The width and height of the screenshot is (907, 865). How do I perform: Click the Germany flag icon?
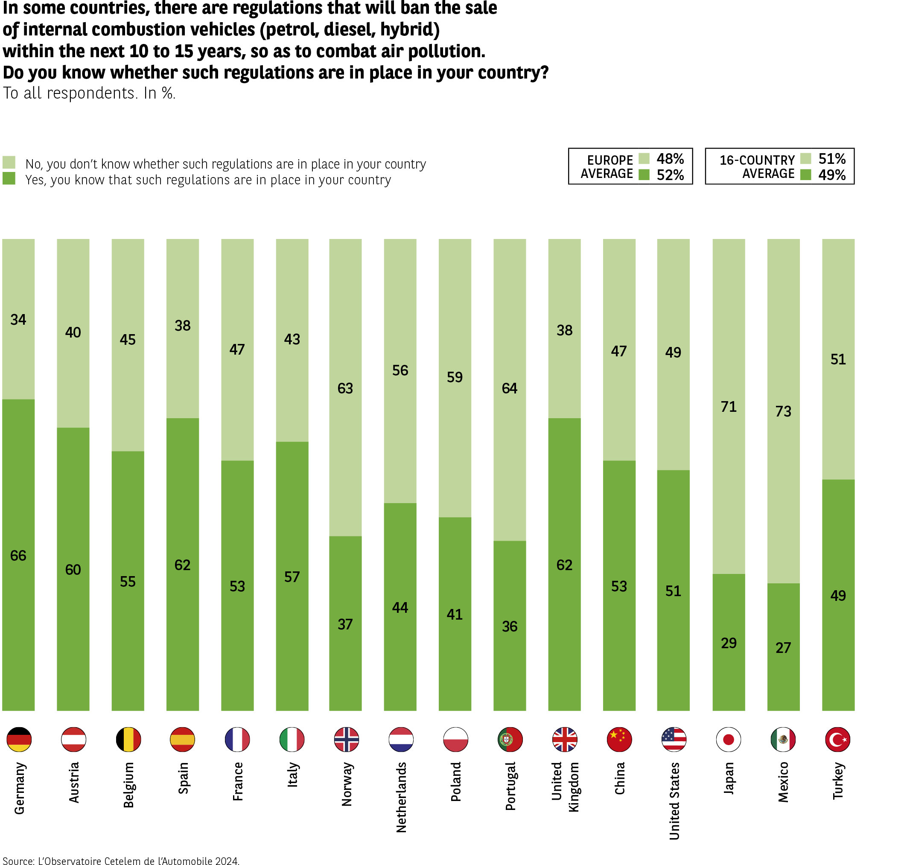[19, 739]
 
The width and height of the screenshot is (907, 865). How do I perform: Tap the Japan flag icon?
[728, 739]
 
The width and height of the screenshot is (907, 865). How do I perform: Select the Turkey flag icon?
[837, 739]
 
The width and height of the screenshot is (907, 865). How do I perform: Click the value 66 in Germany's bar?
[18, 555]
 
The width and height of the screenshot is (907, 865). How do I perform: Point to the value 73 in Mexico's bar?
[783, 411]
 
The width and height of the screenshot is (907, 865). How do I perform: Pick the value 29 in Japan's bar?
[729, 643]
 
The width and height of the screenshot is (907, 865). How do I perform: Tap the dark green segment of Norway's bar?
[345, 646]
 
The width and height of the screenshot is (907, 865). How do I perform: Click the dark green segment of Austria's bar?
[73, 600]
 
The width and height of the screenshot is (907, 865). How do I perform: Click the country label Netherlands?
[401, 797]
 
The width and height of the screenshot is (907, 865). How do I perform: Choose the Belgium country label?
[128, 785]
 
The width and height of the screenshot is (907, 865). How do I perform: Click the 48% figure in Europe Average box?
[670, 159]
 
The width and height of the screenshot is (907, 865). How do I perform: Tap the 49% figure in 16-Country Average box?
[832, 175]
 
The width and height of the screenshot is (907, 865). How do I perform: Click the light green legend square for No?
[9, 162]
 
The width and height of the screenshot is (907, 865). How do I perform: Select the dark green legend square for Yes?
[9, 178]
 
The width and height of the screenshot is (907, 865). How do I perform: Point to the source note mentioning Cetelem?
[121, 860]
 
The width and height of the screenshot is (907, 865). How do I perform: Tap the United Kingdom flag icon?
[564, 739]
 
